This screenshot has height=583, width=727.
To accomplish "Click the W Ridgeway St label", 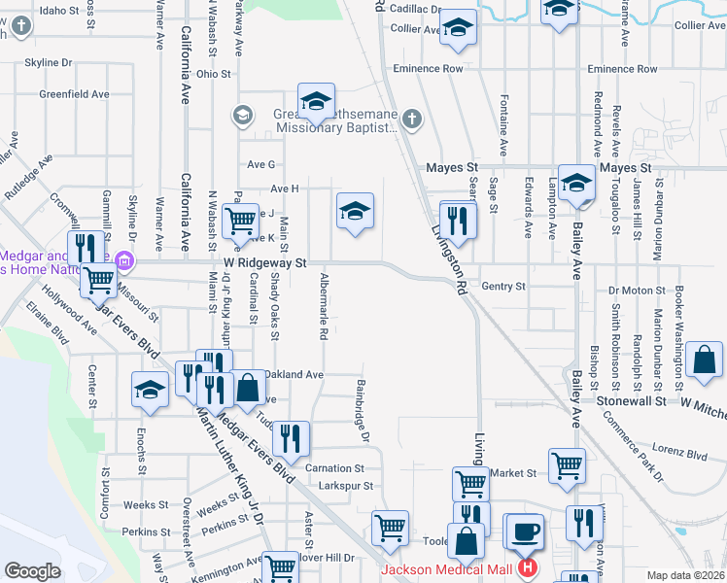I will click(265, 263).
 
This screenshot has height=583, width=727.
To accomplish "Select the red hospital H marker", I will click(527, 567).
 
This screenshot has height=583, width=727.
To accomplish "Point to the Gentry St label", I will click(503, 287).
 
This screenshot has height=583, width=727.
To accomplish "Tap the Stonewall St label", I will click(630, 400).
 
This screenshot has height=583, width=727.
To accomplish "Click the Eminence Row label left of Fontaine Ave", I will click(428, 69).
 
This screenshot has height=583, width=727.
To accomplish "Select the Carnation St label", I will click(334, 468).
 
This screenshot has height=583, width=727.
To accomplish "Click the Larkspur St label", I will click(339, 485).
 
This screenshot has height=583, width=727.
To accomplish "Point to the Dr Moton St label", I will click(636, 290).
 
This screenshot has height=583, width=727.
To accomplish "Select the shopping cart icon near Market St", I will click(567, 464).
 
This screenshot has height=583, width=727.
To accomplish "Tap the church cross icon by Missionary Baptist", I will click(412, 119).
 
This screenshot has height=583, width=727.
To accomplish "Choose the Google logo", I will click(32, 571).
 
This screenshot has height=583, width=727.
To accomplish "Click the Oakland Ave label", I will click(293, 374).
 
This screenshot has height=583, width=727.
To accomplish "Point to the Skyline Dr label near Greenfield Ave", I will click(49, 62).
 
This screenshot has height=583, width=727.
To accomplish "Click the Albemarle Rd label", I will click(323, 307).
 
